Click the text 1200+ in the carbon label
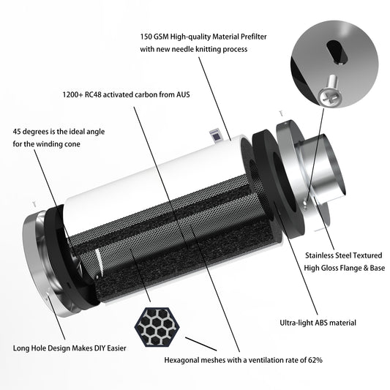[72, 94]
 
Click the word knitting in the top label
[211, 49]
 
